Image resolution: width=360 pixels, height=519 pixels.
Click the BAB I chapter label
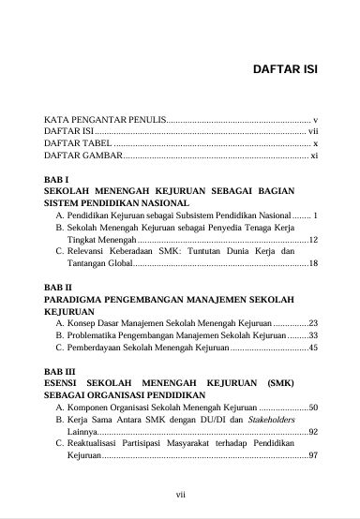coord(57,179)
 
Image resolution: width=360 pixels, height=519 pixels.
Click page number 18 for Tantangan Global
coord(313,264)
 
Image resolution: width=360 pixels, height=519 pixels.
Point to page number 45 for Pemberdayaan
coord(313,348)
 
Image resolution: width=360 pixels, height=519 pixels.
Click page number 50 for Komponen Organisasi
coord(313,408)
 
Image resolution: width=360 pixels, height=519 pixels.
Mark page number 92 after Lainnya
coord(313,433)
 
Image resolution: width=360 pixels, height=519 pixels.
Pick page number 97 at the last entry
coord(313,456)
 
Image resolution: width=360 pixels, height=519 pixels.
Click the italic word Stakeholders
coord(282,421)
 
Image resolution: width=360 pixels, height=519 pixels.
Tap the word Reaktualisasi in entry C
coord(102,444)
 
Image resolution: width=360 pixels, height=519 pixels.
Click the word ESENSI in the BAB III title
coord(64,384)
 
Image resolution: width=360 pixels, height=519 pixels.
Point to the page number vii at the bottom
coord(181,494)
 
